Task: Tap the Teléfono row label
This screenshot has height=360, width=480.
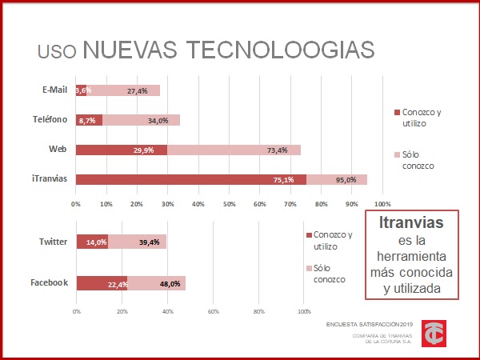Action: tap(49, 119)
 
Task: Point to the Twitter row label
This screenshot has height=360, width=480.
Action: tap(53, 242)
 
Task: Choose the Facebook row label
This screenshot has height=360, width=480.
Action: tap(49, 282)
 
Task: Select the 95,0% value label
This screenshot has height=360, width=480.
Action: tap(346, 180)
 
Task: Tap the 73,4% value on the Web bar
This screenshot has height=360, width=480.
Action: tap(278, 150)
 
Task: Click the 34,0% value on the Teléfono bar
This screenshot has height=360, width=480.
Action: tap(158, 120)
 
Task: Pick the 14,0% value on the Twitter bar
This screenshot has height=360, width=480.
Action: tap(96, 242)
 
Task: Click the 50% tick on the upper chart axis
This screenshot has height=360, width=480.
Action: tap(229, 203)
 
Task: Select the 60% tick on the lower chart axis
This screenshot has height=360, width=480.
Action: tap(213, 311)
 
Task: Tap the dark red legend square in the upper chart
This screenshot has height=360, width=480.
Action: tap(396, 113)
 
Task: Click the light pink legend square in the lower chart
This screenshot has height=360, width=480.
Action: tap(308, 268)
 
